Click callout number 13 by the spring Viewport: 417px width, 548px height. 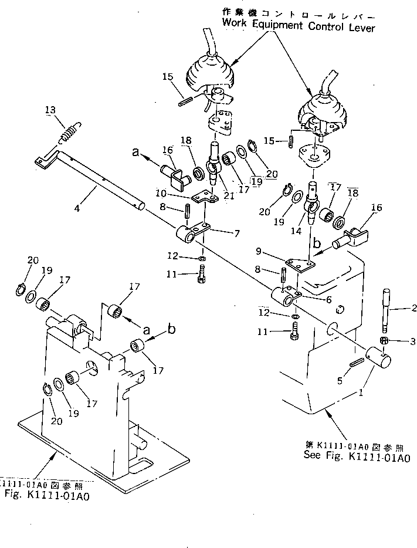(x=50, y=110)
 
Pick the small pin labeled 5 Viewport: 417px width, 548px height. (x=355, y=364)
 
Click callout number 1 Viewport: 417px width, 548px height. (x=362, y=394)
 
